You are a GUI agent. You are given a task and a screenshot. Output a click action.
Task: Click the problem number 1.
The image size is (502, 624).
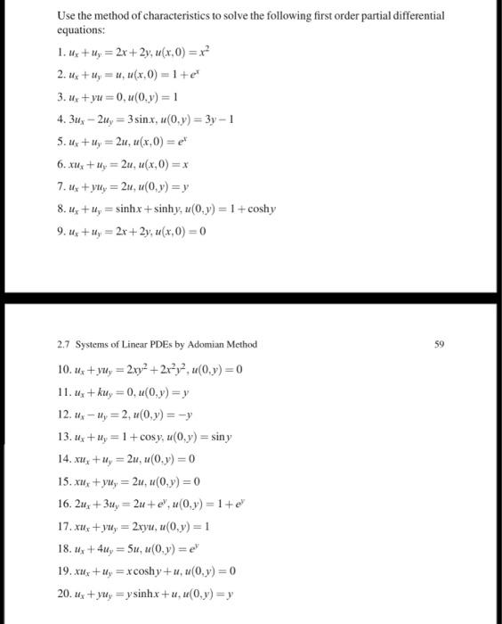point(59,51)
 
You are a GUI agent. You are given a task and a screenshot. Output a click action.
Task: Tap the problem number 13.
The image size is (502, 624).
point(61,436)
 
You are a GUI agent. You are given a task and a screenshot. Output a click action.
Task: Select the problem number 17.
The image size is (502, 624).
point(61,526)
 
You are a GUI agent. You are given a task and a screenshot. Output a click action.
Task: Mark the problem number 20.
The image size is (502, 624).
point(61,593)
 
